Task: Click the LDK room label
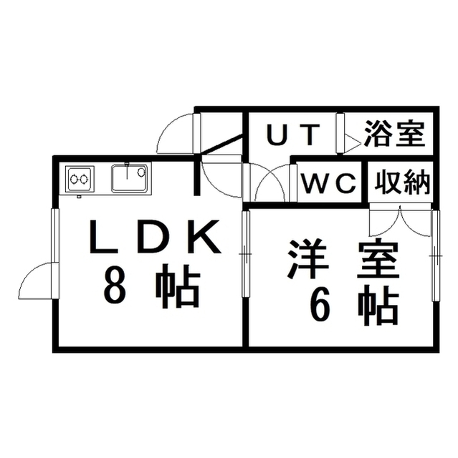click(155, 237)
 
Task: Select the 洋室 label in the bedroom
click(343, 259)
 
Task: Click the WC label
click(330, 183)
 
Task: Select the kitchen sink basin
click(129, 178)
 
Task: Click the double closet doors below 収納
click(401, 220)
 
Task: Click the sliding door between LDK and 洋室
click(247, 254)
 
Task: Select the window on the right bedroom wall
click(436, 255)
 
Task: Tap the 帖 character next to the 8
click(177, 286)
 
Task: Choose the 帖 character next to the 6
click(378, 306)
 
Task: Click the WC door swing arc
click(271, 182)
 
